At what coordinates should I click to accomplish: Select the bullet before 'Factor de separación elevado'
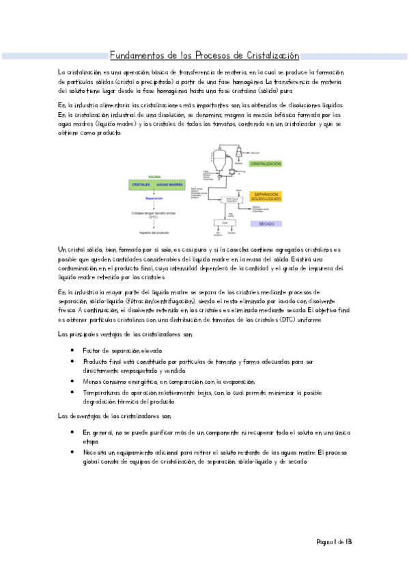(x=72, y=350)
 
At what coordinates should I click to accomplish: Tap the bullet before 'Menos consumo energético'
(x=72, y=382)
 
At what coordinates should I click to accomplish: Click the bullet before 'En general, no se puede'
(x=72, y=433)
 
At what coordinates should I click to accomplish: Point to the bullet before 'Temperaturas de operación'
(x=72, y=393)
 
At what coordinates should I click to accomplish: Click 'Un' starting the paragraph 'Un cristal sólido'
(x=62, y=251)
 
